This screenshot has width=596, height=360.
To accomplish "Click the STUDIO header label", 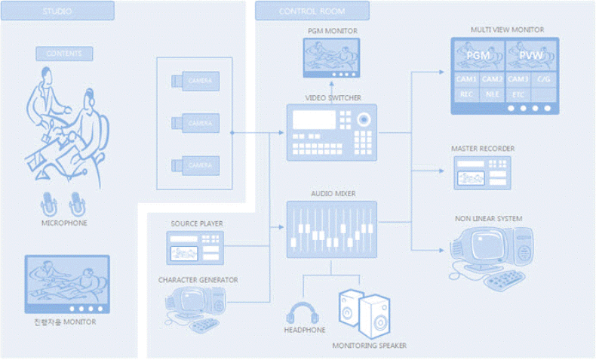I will pos(57,11).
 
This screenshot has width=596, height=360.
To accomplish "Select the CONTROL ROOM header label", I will pos(312,11).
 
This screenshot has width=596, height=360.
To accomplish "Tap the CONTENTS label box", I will pos(64,54).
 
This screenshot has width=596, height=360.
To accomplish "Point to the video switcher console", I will pos(331,132).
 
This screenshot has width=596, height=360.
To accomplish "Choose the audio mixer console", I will pos(331,229).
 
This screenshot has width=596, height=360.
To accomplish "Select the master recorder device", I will pos(482,172).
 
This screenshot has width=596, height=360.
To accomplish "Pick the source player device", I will pos(195,248).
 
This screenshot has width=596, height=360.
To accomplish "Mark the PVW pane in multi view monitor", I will pos(532,56).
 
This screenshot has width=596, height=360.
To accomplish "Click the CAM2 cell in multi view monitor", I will pos(492,79).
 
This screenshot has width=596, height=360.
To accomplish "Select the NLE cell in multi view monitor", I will pos(492,94).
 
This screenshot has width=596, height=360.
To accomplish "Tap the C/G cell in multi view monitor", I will pos(544,79).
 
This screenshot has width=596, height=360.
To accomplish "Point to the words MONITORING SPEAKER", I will pos(370,346).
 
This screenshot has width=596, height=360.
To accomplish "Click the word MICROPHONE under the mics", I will pos(64,223).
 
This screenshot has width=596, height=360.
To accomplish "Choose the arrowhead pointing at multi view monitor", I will pos(443,72).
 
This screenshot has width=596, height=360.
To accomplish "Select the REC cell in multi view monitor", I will pos(465,94).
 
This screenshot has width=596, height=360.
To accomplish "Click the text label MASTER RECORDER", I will pos(483,149).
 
